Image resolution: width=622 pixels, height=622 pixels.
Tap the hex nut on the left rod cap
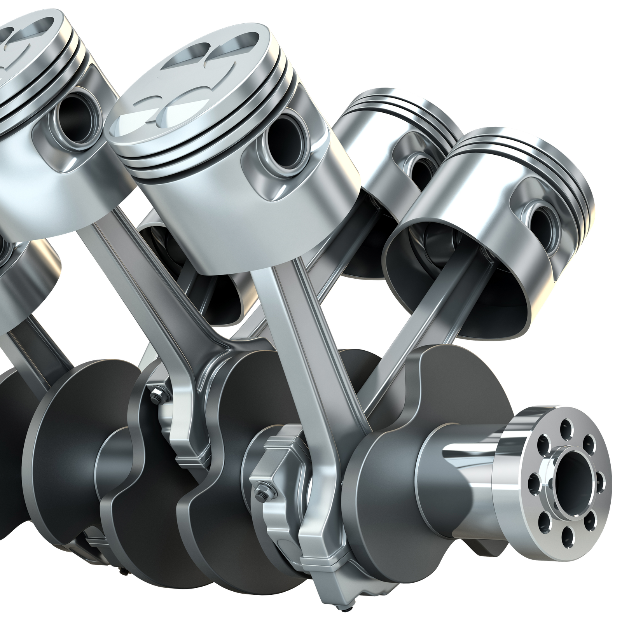pyautogui.click(x=157, y=395)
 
